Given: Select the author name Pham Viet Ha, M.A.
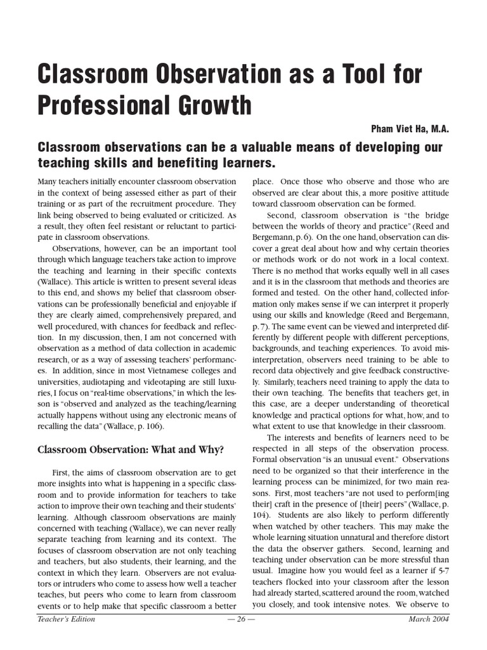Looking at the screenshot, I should click(x=410, y=128).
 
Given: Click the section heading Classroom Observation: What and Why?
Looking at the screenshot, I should click(x=131, y=450).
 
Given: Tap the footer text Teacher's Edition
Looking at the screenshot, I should click(x=67, y=619).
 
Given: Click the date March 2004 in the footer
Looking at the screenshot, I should click(x=428, y=619).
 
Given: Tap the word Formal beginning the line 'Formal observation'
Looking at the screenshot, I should click(x=267, y=459).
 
